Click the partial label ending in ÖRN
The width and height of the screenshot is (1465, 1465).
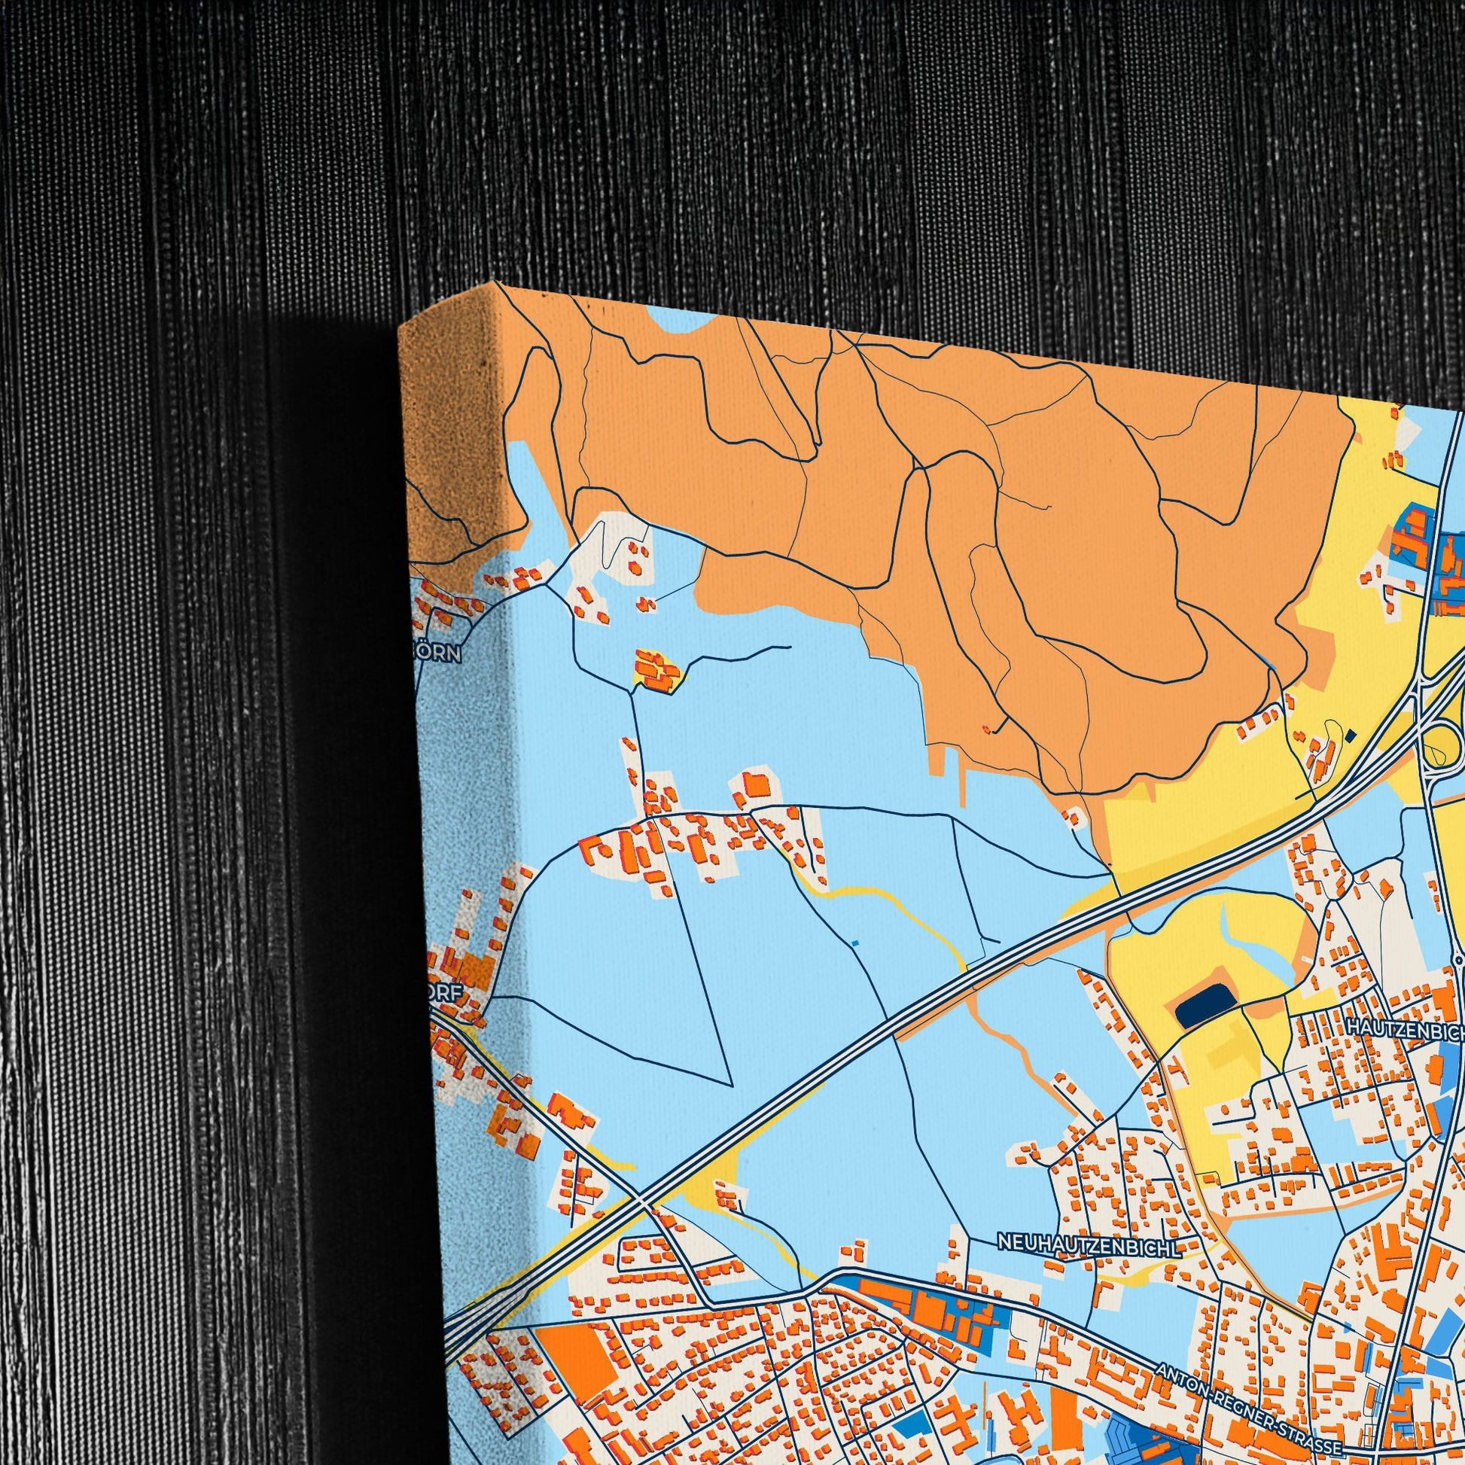[x=440, y=654]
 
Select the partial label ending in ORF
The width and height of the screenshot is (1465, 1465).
[x=446, y=998]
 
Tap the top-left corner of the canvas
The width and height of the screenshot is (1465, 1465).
[x=401, y=327]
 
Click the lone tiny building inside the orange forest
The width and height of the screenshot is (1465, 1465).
[x=987, y=729]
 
